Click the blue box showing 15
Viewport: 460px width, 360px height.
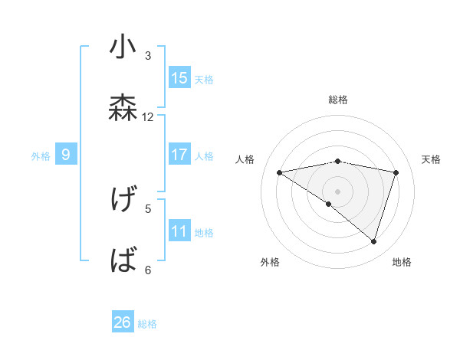pos(179,78)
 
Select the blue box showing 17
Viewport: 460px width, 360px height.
pos(179,155)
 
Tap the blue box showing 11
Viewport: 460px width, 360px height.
pos(179,231)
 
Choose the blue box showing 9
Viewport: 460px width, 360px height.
pos(66,155)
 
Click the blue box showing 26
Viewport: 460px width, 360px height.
pos(123,322)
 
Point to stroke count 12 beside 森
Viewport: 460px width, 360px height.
pos(148,116)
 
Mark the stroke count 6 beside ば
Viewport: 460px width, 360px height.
pos(148,270)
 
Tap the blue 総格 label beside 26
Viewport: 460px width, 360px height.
pos(147,324)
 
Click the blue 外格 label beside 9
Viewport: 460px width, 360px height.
pos(41,156)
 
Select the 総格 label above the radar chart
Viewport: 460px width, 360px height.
pos(337,100)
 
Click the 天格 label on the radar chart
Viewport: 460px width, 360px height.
pos(431,159)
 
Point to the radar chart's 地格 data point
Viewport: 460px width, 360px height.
pos(373,241)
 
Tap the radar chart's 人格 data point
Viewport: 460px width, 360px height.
pos(280,172)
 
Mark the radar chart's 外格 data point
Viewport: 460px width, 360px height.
pos(329,204)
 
